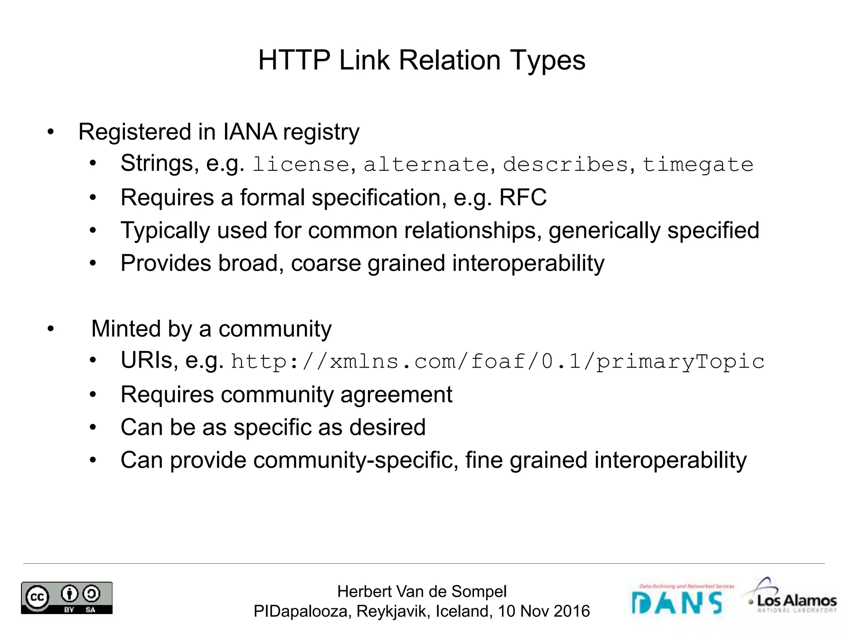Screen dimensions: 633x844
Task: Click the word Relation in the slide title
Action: [x=449, y=60]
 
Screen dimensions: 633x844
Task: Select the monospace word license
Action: [x=301, y=164]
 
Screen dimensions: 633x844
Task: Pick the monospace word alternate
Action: [x=426, y=164]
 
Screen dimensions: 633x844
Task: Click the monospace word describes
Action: [x=565, y=164]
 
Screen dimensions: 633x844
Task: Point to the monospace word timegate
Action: [x=698, y=164]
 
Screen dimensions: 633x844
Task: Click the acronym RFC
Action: [x=523, y=197]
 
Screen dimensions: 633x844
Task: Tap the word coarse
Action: [x=326, y=263]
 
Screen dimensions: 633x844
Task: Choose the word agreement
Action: [x=396, y=394]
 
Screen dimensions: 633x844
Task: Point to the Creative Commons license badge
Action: [x=67, y=598]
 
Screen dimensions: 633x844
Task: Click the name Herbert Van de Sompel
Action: [x=422, y=591]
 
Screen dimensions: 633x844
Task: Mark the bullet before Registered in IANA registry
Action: [x=50, y=132]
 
